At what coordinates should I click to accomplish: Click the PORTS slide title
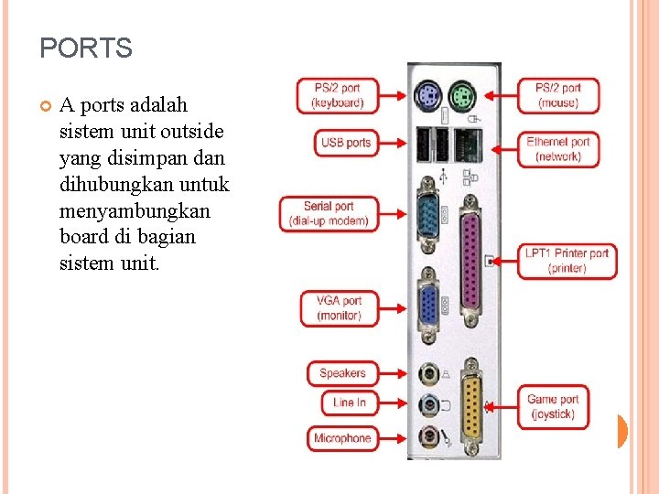86,48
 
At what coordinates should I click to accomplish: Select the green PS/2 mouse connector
462,93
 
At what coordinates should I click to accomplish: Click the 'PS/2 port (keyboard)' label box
337,95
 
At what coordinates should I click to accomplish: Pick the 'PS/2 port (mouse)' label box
558,95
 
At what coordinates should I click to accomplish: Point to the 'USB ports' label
346,143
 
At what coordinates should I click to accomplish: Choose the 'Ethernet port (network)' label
558,149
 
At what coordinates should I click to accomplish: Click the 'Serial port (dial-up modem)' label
329,213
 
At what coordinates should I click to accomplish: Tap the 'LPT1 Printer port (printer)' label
567,261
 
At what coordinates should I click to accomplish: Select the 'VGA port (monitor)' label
339,307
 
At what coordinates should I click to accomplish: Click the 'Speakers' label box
342,373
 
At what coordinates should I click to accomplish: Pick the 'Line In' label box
350,403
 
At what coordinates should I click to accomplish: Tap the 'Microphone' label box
342,438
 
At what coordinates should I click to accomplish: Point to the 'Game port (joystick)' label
554,406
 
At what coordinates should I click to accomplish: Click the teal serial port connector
428,215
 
